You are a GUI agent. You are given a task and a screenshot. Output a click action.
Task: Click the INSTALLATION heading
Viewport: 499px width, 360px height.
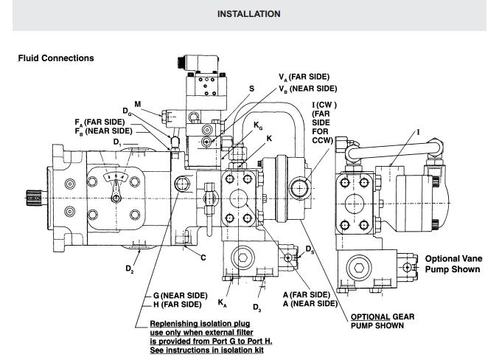249,14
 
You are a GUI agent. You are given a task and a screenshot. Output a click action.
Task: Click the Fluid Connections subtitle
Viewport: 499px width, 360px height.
56,58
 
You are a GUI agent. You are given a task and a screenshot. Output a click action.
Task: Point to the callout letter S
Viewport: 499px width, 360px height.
252,89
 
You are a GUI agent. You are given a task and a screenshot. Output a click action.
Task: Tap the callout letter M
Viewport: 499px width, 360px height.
138,104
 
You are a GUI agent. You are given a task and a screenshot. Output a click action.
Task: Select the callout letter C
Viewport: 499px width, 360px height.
203,257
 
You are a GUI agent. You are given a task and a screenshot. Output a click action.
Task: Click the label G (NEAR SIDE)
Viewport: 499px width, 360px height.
180,296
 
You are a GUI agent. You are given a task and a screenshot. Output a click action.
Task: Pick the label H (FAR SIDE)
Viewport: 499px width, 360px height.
177,305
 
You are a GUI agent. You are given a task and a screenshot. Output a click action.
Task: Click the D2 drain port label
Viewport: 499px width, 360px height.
130,269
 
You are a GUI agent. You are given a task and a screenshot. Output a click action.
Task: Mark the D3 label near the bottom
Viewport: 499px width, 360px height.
257,307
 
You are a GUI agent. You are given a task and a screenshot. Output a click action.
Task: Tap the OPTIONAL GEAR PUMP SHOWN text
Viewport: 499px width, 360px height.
383,321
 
